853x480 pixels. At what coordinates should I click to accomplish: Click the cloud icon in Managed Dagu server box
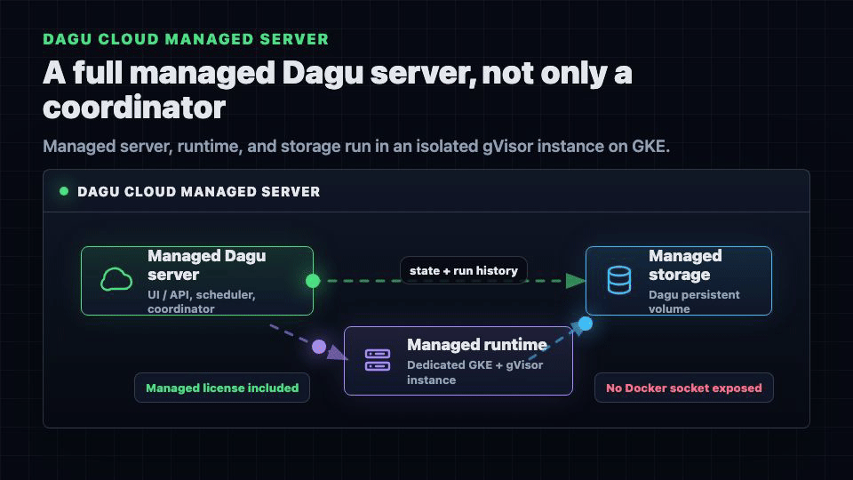116,280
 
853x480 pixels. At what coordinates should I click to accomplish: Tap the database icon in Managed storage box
618,280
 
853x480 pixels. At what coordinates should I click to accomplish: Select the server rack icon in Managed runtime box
378,360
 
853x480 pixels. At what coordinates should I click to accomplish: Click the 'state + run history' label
464,270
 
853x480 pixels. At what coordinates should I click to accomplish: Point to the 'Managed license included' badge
222,388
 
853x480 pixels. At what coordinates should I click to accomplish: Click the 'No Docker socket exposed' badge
683,388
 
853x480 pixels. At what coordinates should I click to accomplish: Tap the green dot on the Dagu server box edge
313,281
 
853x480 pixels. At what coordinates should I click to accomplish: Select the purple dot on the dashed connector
319,347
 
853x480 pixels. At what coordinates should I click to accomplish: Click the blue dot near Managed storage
585,324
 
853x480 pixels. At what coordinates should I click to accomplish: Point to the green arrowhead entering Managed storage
575,281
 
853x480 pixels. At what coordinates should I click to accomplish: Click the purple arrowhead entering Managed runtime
336,353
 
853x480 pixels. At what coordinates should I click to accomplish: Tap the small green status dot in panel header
63,191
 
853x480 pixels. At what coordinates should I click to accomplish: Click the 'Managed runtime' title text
476,345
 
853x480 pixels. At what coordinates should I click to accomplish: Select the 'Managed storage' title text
684,265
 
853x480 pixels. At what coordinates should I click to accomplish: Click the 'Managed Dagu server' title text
206,265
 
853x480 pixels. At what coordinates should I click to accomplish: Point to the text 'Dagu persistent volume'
693,301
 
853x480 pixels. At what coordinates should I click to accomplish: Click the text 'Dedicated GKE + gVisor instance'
474,372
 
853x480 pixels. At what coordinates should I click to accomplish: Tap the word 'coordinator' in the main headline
133,108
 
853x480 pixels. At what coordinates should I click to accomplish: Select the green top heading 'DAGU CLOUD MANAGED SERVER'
186,39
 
